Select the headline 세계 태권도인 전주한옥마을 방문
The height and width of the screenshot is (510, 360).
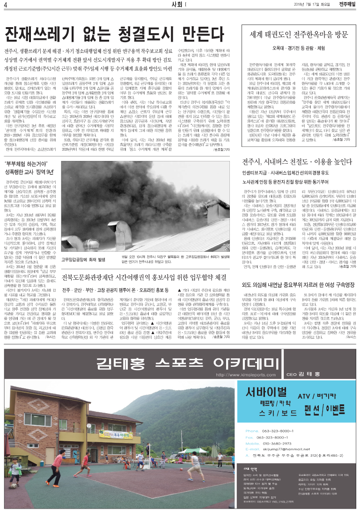[299, 34]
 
